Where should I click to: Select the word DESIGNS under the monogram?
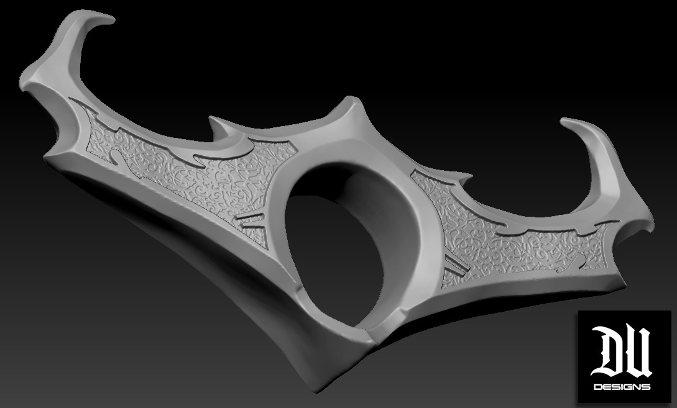click(x=622, y=387)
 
